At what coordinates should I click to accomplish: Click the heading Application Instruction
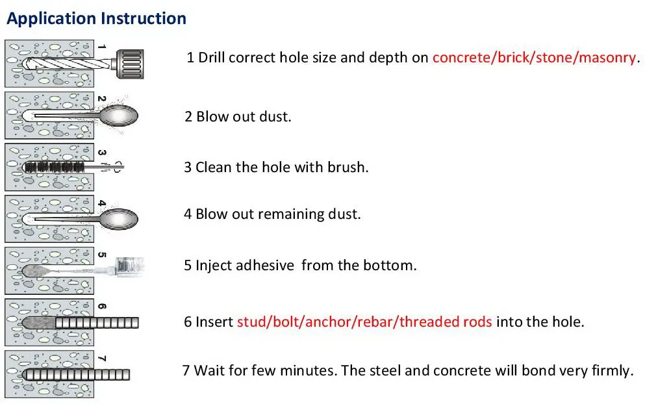coord(96,18)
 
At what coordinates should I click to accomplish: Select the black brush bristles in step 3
coord(55,167)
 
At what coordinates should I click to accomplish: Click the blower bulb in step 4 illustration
coord(120,216)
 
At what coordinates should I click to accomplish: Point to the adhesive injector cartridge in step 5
coord(129,265)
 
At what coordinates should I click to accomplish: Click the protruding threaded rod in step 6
coord(97,322)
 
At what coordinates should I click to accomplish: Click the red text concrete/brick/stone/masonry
coord(534,57)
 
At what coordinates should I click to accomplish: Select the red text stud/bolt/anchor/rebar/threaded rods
coord(364,322)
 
